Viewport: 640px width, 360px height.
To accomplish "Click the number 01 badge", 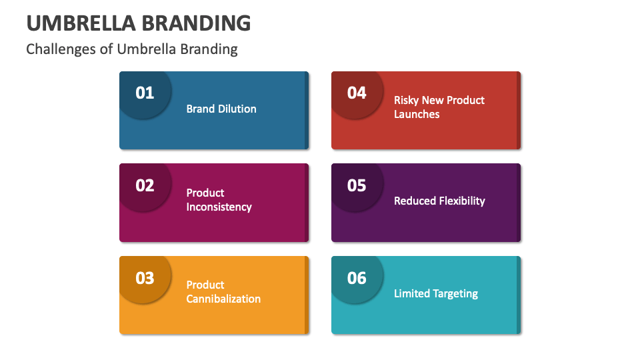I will pyautogui.click(x=145, y=93).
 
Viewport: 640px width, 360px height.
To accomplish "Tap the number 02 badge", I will pyautogui.click(x=145, y=185).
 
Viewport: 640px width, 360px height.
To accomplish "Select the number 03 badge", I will pyautogui.click(x=145, y=277).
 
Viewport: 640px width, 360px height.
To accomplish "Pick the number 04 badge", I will pyautogui.click(x=357, y=93).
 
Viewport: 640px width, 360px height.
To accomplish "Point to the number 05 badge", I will pyautogui.click(x=357, y=185).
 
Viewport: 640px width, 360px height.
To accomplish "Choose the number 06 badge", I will pyautogui.click(x=357, y=277).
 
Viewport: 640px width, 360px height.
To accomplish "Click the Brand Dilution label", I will pyautogui.click(x=221, y=109).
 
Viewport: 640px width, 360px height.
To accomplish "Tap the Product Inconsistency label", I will pyautogui.click(x=219, y=200).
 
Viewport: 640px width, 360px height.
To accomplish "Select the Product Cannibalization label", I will pyautogui.click(x=223, y=292).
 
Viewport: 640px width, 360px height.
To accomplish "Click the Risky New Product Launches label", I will pyautogui.click(x=439, y=107).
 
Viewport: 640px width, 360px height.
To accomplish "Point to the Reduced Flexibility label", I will pyautogui.click(x=439, y=201).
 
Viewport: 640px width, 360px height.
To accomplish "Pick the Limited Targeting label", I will pyautogui.click(x=436, y=293).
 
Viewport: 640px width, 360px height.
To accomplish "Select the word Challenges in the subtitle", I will pyautogui.click(x=61, y=49).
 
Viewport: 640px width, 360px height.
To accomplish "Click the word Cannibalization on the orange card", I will pyautogui.click(x=223, y=299).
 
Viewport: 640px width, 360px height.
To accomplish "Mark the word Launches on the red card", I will pyautogui.click(x=417, y=114).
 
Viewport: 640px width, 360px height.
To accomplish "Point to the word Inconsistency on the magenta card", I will pyautogui.click(x=219, y=207).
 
